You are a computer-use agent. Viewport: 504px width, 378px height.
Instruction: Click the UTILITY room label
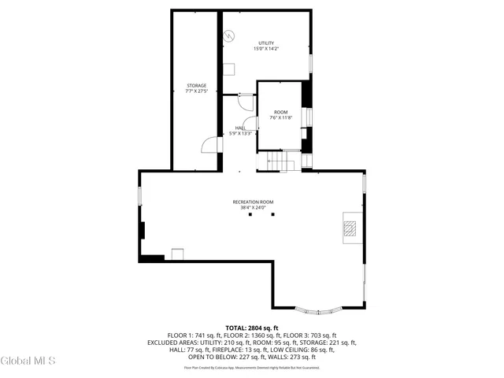(266, 43)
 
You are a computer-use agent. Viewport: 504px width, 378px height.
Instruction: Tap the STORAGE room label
(196, 85)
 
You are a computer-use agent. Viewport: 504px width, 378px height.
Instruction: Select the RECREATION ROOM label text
(252, 202)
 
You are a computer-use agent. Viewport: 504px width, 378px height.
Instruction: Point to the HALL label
(240, 128)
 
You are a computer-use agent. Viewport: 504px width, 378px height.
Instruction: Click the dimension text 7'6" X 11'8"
(281, 118)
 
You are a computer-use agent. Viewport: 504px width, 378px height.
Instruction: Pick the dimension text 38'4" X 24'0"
(252, 209)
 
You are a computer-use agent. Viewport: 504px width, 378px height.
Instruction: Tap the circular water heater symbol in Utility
(229, 35)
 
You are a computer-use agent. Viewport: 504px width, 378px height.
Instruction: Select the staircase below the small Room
(278, 161)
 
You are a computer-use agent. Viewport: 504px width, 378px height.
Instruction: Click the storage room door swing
(209, 144)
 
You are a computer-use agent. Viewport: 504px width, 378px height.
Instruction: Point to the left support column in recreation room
(250, 214)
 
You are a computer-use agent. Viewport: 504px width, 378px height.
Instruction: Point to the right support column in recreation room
(273, 214)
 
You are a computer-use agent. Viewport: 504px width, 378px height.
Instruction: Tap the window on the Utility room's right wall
(310, 63)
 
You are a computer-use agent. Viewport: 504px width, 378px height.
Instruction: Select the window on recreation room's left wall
(140, 195)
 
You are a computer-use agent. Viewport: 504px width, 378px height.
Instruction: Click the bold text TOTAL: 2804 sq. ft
(252, 328)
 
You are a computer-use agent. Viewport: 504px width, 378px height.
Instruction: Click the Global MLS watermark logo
(28, 361)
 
